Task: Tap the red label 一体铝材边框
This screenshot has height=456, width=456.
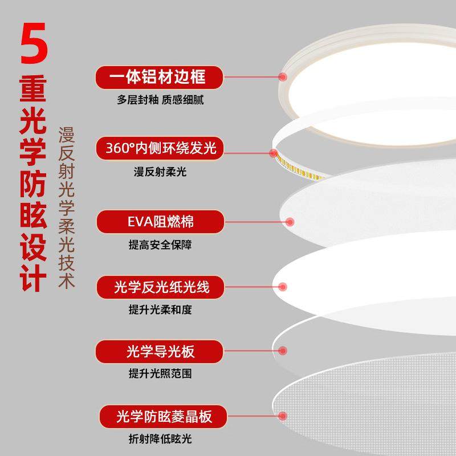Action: [x=158, y=76]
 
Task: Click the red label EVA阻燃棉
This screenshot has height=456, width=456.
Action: [x=158, y=221]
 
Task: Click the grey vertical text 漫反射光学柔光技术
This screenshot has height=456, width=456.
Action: [x=68, y=205]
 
